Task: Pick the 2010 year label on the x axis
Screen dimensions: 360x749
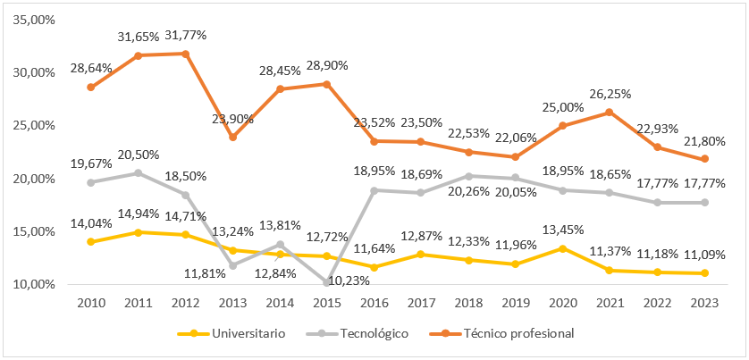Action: tap(91, 303)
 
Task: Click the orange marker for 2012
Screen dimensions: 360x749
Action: tap(185, 54)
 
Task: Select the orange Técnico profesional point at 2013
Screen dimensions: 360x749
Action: tap(231, 137)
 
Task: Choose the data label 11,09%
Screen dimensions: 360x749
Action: tap(703, 255)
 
